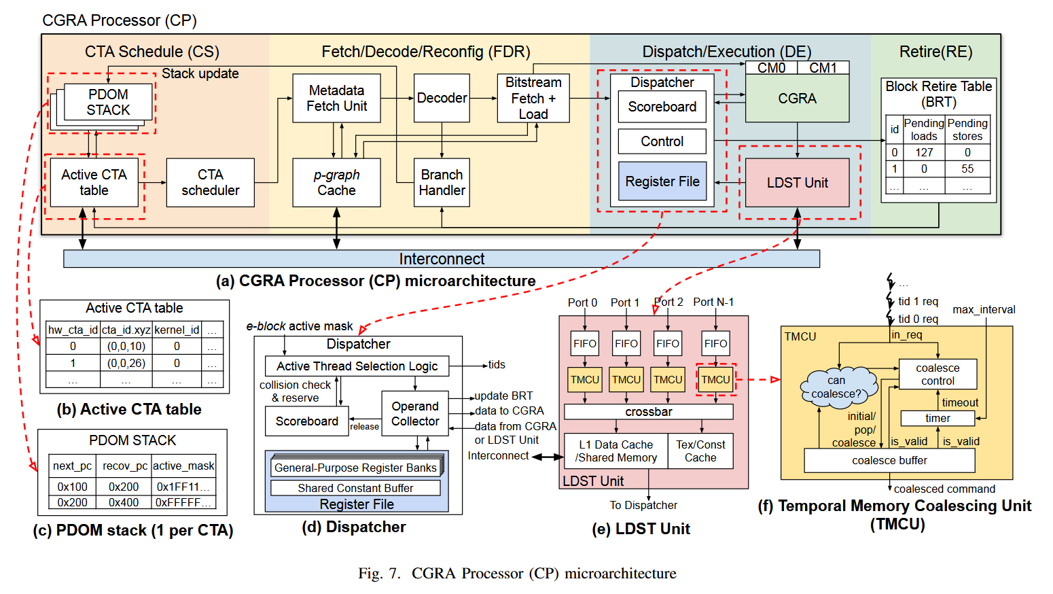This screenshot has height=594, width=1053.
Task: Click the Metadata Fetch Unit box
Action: pos(336,99)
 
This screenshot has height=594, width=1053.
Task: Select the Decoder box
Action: pos(442,98)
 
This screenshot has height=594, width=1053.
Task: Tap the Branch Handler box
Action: pos(442,182)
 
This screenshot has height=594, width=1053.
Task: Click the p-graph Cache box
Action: pos(336,182)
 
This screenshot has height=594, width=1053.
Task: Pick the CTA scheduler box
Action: pos(210,182)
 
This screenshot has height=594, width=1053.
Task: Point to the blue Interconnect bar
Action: pos(442,259)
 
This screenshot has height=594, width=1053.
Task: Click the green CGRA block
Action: pos(798,99)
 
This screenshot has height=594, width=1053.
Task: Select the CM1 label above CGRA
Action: pos(823,68)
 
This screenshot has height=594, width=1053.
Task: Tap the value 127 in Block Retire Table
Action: pos(924,152)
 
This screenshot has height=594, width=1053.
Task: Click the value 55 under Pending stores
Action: pos(967,169)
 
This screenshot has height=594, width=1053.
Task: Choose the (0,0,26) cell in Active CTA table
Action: pos(126,363)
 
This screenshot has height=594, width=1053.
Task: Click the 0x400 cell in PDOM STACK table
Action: pos(124,502)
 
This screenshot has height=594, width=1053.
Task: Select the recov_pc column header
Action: pos(125,466)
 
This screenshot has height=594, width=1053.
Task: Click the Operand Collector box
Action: pos(415,413)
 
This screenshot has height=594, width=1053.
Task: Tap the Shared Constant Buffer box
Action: pos(355,488)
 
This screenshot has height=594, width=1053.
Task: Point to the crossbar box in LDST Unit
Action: pos(649,412)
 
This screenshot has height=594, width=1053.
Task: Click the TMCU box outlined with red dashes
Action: pos(715,379)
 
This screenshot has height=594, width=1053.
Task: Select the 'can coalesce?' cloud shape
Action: pos(838,387)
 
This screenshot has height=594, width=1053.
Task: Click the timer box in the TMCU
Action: pos(938,417)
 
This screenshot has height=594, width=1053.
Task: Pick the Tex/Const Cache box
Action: pos(700,451)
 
